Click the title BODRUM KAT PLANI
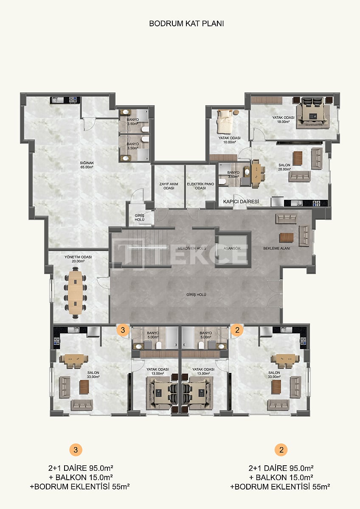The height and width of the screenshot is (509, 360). click(186, 24)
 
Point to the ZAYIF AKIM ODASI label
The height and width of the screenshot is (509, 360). click(169, 186)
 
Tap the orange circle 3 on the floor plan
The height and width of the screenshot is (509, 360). click(123, 329)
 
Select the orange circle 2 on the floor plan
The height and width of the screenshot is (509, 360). click(237, 329)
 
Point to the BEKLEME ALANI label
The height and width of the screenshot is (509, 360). click(276, 248)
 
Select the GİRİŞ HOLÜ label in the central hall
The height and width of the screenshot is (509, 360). click(196, 294)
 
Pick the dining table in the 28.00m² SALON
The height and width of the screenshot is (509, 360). click(258, 173)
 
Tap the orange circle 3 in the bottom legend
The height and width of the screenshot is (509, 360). click(75, 450)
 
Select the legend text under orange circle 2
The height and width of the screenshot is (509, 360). click(280, 477)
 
